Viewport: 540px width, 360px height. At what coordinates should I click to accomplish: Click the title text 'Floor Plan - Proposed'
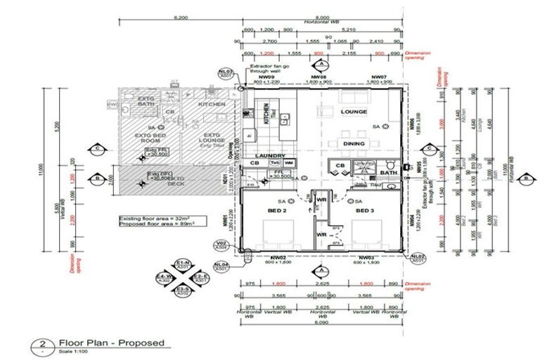(x=112, y=343)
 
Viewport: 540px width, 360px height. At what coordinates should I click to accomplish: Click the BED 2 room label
(x=276, y=210)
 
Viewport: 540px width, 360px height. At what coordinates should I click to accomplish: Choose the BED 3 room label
(x=363, y=210)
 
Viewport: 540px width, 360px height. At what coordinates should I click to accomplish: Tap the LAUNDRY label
(x=270, y=155)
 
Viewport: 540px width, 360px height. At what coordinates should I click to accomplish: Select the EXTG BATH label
(x=146, y=101)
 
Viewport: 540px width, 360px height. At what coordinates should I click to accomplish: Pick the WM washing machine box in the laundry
(x=288, y=163)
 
